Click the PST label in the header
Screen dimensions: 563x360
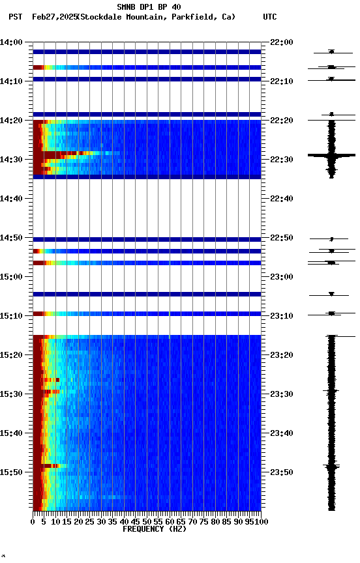pyautogui.click(x=16, y=16)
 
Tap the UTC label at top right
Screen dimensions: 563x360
pyautogui.click(x=270, y=16)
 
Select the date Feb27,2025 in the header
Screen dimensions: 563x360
pyautogui.click(x=54, y=16)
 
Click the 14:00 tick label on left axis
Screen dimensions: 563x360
pyautogui.click(x=12, y=42)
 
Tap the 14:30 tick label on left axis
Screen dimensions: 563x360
pyautogui.click(x=12, y=160)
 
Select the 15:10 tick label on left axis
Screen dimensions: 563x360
pyautogui.click(x=12, y=316)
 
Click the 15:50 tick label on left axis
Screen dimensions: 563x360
pyautogui.click(x=12, y=472)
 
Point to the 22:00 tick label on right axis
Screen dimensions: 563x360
pyautogui.click(x=281, y=42)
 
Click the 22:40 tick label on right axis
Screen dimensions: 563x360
pyautogui.click(x=281, y=199)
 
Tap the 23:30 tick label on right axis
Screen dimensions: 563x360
pyautogui.click(x=281, y=394)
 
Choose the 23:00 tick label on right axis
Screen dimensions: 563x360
pyautogui.click(x=281, y=277)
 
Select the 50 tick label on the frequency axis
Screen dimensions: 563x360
pyautogui.click(x=147, y=521)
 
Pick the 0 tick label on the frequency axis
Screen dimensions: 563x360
pyautogui.click(x=33, y=521)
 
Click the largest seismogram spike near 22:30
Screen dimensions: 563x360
pyautogui.click(x=331, y=155)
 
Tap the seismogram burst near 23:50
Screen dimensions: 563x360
pyautogui.click(x=331, y=467)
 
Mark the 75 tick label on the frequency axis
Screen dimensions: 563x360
pyautogui.click(x=204, y=521)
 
